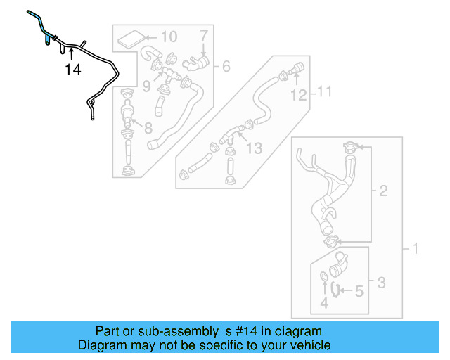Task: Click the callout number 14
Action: tap(73, 69)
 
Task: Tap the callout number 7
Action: tap(203, 35)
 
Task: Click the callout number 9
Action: tap(146, 86)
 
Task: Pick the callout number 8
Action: tap(148, 128)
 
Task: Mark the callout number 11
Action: tap(323, 91)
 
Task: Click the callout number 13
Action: tap(253, 148)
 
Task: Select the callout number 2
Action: tap(383, 191)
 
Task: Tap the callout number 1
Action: tap(414, 248)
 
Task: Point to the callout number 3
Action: tap(380, 283)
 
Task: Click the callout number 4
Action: tap(324, 303)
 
